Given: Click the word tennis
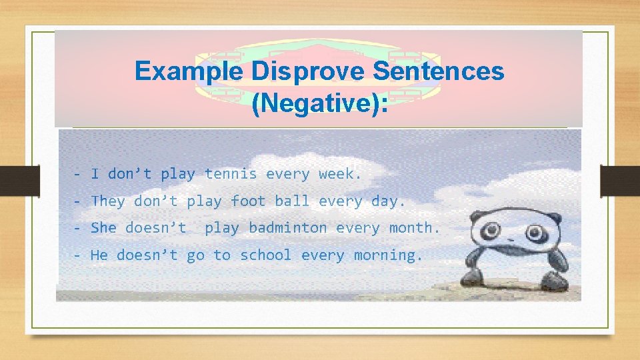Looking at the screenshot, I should pos(231,175).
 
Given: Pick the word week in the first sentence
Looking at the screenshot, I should pos(338,175).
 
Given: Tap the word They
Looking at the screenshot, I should pos(108,201).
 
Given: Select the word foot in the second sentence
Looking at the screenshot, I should pos(248,201).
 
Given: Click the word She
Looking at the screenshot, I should pos(103,228).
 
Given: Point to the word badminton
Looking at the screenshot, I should pos(288,228).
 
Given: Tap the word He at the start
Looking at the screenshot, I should pos(99,255).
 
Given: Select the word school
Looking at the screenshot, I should pos(266,255).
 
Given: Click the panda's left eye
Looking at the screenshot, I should pos(492,232).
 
